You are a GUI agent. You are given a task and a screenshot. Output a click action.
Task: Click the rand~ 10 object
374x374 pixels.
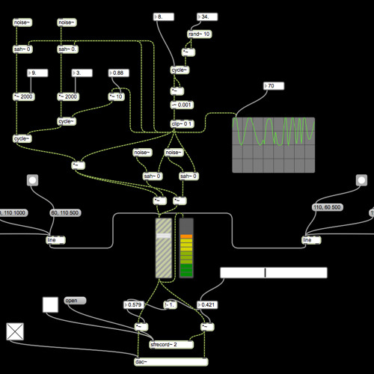click(x=199, y=34)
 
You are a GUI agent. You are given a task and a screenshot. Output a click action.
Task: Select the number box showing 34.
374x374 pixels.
click(x=208, y=16)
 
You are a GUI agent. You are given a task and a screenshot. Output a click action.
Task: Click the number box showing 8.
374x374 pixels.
click(x=163, y=16)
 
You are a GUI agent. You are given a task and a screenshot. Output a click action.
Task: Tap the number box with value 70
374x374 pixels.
click(x=275, y=86)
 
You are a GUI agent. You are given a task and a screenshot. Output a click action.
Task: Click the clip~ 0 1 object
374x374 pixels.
click(x=183, y=123)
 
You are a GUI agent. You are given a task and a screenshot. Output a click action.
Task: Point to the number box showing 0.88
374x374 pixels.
click(x=120, y=73)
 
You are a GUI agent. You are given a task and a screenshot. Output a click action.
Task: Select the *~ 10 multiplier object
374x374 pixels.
click(x=117, y=96)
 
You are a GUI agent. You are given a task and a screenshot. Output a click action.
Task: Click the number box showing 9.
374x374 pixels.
click(x=36, y=73)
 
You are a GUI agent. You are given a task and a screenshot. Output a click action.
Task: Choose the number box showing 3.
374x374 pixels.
click(x=81, y=73)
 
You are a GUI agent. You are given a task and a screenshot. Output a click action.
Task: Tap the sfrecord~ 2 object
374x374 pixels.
click(x=171, y=345)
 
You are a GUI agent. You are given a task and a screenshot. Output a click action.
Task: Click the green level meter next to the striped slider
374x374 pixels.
click(x=186, y=248)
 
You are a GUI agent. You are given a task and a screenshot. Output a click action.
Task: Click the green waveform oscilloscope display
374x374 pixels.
click(x=273, y=144)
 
